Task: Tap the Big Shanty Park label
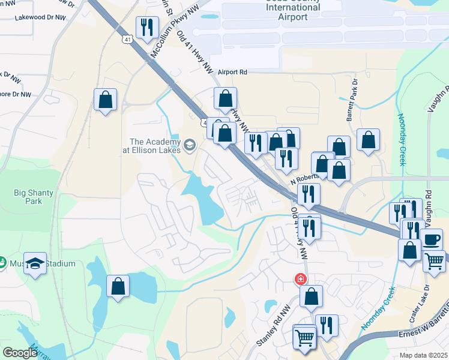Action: pyautogui.click(x=34, y=197)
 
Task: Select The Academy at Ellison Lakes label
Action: pyautogui.click(x=151, y=146)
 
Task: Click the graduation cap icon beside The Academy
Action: pyautogui.click(x=190, y=145)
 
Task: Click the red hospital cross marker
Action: pyautogui.click(x=300, y=280)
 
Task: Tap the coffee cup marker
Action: pyautogui.click(x=431, y=240)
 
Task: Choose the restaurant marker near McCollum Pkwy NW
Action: pyautogui.click(x=146, y=28)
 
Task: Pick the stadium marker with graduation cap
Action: pyautogui.click(x=35, y=264)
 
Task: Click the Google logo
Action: pyautogui.click(x=20, y=353)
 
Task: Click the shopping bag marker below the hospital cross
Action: pyautogui.click(x=311, y=296)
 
